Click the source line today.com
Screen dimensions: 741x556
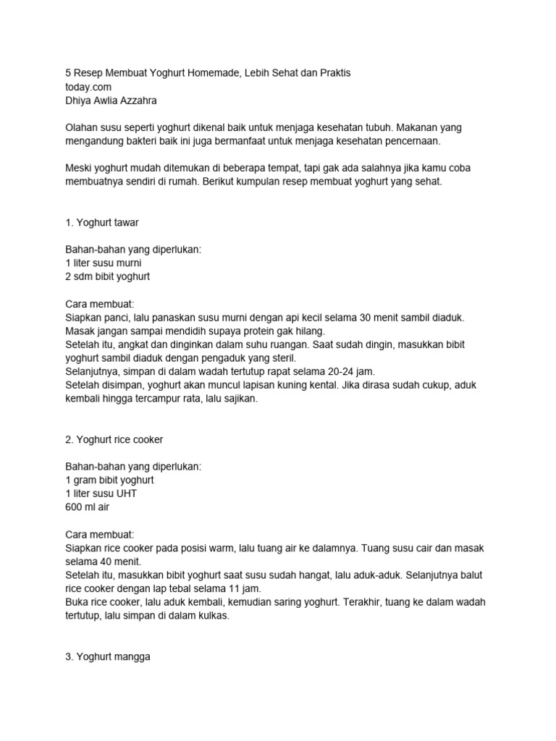89,88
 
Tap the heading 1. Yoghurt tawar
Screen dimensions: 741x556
102,222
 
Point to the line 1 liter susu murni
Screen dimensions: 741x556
103,263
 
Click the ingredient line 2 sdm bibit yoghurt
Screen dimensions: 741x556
108,276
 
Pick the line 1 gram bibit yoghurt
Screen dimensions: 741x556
109,480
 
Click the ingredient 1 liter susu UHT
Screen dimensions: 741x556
101,494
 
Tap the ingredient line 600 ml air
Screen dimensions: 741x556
90,507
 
